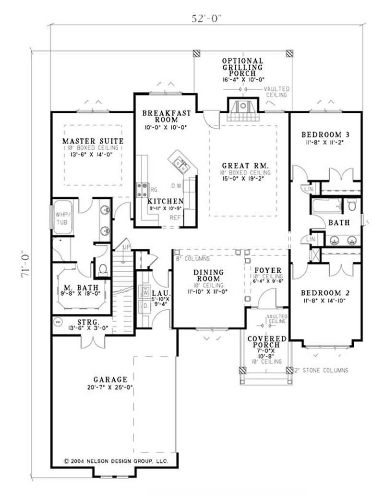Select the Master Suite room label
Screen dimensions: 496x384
pyautogui.click(x=93, y=141)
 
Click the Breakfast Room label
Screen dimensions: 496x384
pyautogui.click(x=167, y=117)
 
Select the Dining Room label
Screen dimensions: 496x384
pyautogui.click(x=208, y=276)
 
